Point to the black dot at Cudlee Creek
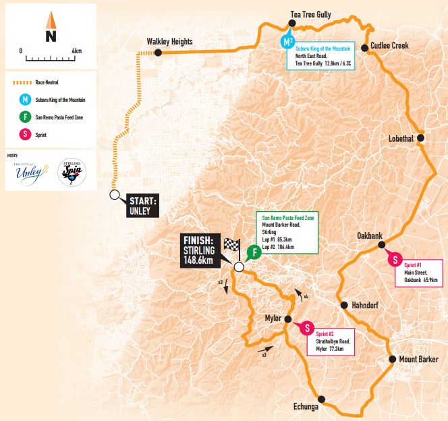click(x=365, y=47)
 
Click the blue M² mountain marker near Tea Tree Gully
click(x=288, y=41)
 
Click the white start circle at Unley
click(x=114, y=195)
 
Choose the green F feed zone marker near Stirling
click(x=254, y=254)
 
